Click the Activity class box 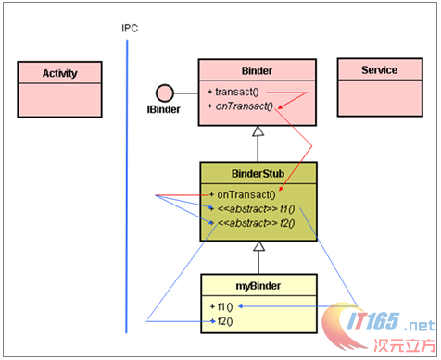[60, 84]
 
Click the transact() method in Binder [237, 93]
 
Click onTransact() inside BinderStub [246, 194]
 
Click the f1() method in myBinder [222, 306]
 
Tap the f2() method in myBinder [222, 320]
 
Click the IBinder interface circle [163, 92]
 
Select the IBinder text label [163, 109]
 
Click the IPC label [130, 28]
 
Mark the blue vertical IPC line [127, 185]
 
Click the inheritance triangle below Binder [259, 133]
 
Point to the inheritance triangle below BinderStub [259, 246]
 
